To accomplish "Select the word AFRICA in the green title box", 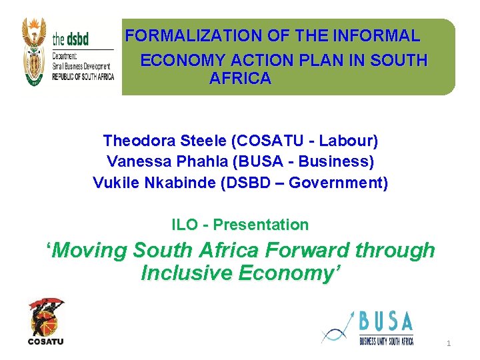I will pos(240,79).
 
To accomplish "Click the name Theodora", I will pos(137,141).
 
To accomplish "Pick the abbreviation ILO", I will pos(184,225).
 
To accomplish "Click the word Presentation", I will pos(261,225).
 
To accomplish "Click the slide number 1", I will pos(449,344).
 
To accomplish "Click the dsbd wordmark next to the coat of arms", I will pos(71,38).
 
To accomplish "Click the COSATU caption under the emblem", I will pos(46,341).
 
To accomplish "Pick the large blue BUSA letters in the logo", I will pos(386,323).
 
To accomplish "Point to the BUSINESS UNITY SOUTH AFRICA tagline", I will pos(386,341).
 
